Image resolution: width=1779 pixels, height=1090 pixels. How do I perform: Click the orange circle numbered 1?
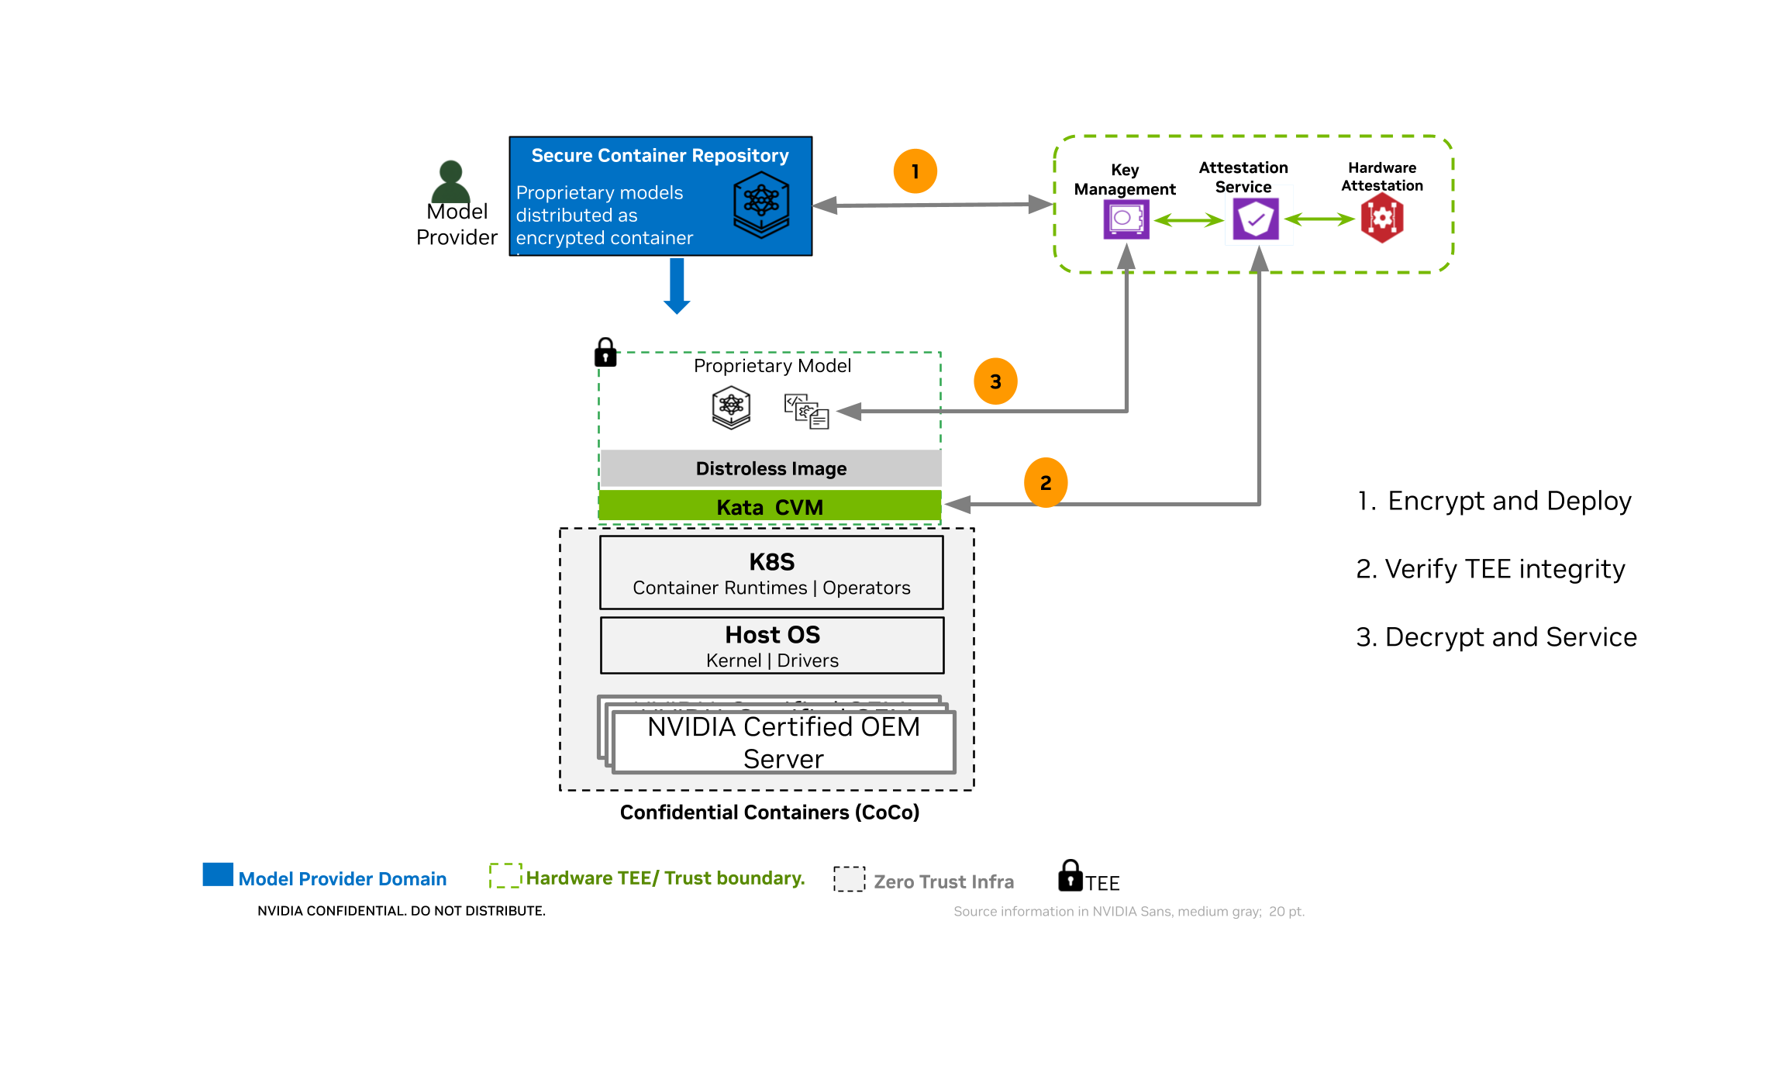pyautogui.click(x=915, y=171)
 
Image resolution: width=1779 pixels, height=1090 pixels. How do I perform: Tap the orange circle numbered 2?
pyautogui.click(x=1045, y=483)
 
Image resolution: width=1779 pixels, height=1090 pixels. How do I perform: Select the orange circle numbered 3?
pyautogui.click(x=995, y=381)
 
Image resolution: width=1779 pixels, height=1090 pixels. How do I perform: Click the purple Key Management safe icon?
pyautogui.click(x=1126, y=219)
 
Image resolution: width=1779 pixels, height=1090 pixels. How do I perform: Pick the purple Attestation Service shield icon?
pyautogui.click(x=1256, y=219)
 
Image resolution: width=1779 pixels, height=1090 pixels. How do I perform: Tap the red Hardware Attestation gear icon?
pyautogui.click(x=1382, y=219)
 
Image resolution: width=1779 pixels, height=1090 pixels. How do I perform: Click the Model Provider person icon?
pyautogui.click(x=450, y=181)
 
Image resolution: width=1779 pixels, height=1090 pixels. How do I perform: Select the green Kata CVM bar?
pyautogui.click(x=770, y=507)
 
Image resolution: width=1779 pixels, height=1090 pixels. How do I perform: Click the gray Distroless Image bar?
pyautogui.click(x=771, y=468)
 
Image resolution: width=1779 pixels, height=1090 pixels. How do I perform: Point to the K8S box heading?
pyautogui.click(x=771, y=561)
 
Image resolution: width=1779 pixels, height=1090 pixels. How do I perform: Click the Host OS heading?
pyautogui.click(x=772, y=634)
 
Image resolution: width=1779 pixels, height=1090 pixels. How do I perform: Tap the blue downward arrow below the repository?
pyautogui.click(x=677, y=286)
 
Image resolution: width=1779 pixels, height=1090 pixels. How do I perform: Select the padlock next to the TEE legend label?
pyautogui.click(x=1070, y=876)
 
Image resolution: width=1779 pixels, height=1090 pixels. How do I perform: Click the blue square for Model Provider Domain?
pyautogui.click(x=218, y=874)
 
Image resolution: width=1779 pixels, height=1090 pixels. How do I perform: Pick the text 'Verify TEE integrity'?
pyautogui.click(x=1504, y=569)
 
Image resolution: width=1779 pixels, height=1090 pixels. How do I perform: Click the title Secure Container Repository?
pyautogui.click(x=660, y=156)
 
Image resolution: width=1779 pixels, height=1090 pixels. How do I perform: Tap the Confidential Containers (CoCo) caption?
pyautogui.click(x=769, y=812)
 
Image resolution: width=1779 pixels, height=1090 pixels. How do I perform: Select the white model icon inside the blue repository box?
pyautogui.click(x=761, y=204)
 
